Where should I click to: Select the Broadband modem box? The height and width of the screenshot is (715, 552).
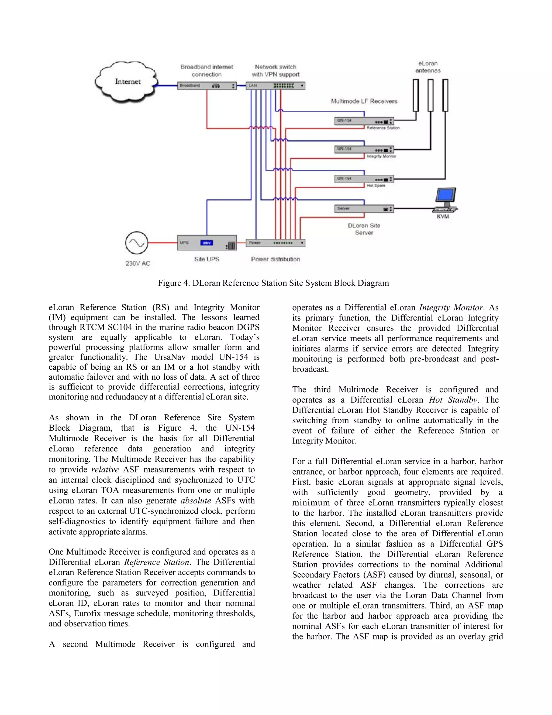[207, 86]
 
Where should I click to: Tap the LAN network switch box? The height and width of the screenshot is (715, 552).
[275, 86]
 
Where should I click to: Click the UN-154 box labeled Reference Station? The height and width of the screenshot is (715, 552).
[364, 121]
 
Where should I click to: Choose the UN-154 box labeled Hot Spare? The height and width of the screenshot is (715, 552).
[364, 179]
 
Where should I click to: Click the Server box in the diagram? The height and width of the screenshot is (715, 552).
[364, 209]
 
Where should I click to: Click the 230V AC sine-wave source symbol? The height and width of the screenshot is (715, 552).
[137, 243]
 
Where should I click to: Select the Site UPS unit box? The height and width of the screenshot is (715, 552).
[207, 243]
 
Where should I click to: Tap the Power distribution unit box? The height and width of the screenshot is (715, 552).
[275, 243]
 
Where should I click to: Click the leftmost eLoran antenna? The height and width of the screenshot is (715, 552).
[416, 95]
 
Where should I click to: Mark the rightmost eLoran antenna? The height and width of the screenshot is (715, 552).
[445, 95]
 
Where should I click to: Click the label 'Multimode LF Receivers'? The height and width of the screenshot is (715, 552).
[364, 101]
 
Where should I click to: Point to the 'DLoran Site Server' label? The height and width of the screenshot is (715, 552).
[364, 229]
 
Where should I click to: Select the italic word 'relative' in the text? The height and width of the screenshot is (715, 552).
[105, 469]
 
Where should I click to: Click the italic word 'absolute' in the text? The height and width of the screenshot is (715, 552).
[196, 500]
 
